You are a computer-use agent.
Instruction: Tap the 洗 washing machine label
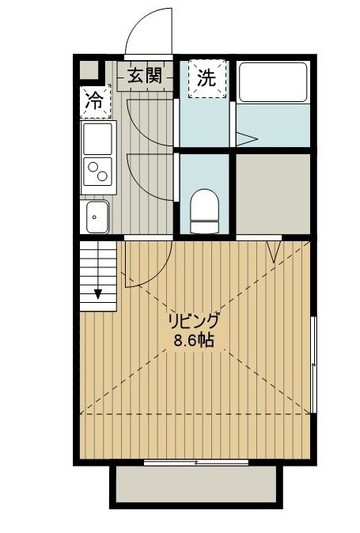click(207, 77)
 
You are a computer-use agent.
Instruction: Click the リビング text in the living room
click(192, 322)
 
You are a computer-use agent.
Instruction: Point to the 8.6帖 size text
click(192, 342)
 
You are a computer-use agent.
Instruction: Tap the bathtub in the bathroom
click(272, 82)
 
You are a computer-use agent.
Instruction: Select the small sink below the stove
click(97, 215)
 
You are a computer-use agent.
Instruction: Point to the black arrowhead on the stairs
click(98, 293)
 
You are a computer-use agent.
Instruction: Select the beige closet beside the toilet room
click(272, 192)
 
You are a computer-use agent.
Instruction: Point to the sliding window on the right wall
click(314, 364)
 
